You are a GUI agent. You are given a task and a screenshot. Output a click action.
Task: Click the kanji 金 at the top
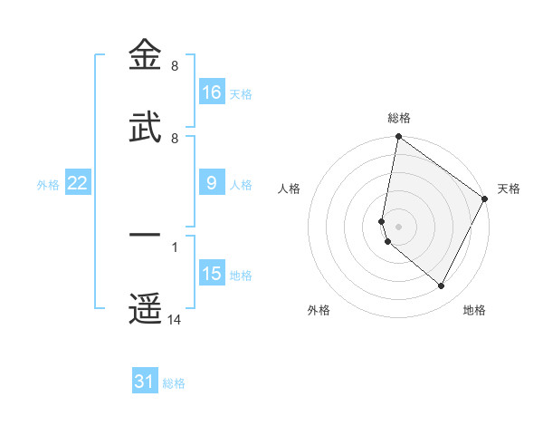146,55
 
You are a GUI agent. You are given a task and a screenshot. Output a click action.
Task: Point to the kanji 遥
146,307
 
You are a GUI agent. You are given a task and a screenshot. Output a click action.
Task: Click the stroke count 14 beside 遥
175,319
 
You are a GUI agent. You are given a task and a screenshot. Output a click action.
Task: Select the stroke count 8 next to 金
174,66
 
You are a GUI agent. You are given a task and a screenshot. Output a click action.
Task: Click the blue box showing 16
212,92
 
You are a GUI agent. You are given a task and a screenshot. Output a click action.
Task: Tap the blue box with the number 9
212,183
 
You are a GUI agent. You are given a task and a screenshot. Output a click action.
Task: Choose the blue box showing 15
212,274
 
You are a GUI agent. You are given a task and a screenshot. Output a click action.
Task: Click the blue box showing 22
78,183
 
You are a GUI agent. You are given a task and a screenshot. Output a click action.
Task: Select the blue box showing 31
145,382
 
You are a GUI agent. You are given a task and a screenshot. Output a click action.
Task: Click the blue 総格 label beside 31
174,383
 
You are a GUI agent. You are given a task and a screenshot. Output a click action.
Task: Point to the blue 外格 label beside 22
48,185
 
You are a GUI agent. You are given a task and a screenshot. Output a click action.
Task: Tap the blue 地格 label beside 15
241,276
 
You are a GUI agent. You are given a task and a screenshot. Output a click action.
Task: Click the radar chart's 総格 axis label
399,118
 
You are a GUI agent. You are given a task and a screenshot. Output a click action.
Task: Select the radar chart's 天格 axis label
509,189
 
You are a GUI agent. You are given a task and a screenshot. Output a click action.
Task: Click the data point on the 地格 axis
442,286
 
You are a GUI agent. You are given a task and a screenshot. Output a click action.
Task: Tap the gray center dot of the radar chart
398,227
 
